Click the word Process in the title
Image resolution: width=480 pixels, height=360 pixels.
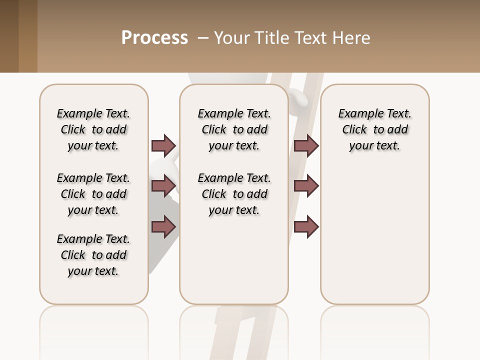tap(154, 37)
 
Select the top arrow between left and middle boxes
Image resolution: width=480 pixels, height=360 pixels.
tap(163, 145)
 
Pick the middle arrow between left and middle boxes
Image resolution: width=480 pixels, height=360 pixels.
tap(163, 186)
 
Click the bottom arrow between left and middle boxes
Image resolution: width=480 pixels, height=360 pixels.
tap(163, 226)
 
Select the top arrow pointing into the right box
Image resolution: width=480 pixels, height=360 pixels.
tap(306, 145)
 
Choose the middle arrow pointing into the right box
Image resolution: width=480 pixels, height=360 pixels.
tap(306, 186)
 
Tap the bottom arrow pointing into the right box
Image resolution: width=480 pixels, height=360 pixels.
tap(306, 226)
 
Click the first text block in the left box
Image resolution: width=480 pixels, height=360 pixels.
tap(93, 129)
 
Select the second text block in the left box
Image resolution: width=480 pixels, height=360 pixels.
tap(93, 194)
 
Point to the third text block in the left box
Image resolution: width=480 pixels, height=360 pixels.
tap(93, 255)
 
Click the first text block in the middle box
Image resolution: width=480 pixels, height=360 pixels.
tap(234, 129)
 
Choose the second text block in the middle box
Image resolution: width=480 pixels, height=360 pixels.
tap(234, 194)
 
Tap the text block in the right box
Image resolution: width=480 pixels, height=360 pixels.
tap(374, 129)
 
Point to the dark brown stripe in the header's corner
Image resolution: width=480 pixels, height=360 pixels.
tap(9, 36)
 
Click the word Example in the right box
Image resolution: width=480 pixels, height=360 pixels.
tap(356, 113)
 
